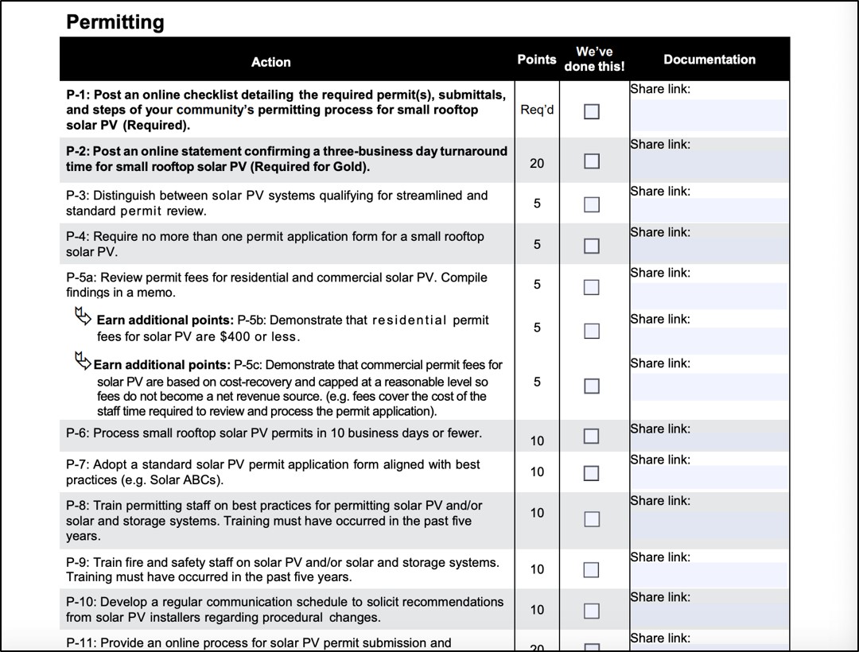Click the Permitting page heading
click(x=115, y=22)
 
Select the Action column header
click(x=270, y=62)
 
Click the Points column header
click(x=537, y=60)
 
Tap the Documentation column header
click(x=709, y=60)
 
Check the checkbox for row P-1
click(x=592, y=111)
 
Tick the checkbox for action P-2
click(x=592, y=161)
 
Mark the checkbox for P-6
click(x=592, y=436)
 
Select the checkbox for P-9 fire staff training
click(x=592, y=569)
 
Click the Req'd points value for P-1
click(x=537, y=110)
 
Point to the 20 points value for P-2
click(x=537, y=163)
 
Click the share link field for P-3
click(x=708, y=210)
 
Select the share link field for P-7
click(x=708, y=478)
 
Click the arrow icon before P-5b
click(x=83, y=316)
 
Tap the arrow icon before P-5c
click(x=83, y=361)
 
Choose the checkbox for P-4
click(x=592, y=246)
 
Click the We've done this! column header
click(x=594, y=60)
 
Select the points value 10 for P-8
click(x=537, y=513)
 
